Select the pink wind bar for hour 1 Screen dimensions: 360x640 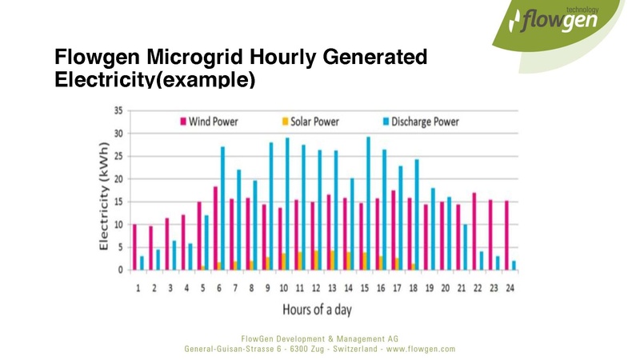(134, 247)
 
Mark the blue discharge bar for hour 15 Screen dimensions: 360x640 (368, 203)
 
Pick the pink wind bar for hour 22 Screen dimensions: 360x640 (474, 231)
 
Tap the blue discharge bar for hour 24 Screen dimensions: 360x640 (514, 265)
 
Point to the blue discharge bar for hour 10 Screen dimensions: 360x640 (287, 204)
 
